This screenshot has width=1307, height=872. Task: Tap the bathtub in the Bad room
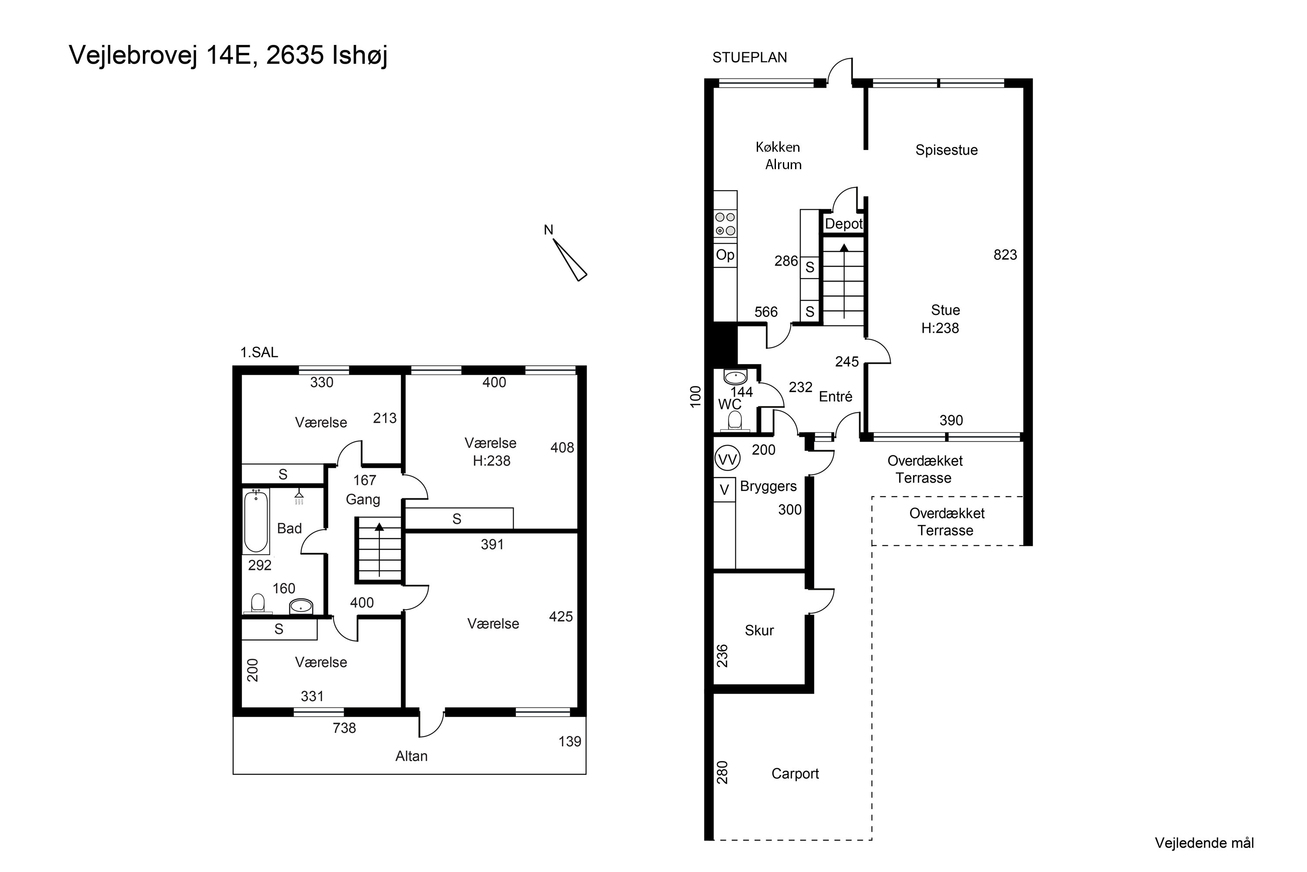(x=256, y=521)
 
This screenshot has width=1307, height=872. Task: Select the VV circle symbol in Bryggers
(x=727, y=460)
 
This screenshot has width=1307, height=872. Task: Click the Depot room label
(x=843, y=224)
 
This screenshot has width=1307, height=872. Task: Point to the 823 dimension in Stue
(x=1005, y=255)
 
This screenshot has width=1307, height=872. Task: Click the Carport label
(x=795, y=773)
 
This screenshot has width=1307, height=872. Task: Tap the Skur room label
(x=759, y=630)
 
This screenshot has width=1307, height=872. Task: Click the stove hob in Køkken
(x=725, y=224)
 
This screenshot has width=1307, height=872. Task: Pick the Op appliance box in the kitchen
(x=725, y=255)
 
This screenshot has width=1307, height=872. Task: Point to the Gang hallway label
(x=363, y=499)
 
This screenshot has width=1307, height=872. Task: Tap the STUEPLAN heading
(x=750, y=57)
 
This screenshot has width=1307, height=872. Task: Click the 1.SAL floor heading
(x=259, y=352)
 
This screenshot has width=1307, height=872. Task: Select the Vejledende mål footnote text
(x=1204, y=843)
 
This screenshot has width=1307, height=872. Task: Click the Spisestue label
(x=946, y=150)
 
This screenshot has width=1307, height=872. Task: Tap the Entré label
(x=835, y=396)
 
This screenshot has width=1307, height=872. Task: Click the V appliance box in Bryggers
(x=725, y=490)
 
